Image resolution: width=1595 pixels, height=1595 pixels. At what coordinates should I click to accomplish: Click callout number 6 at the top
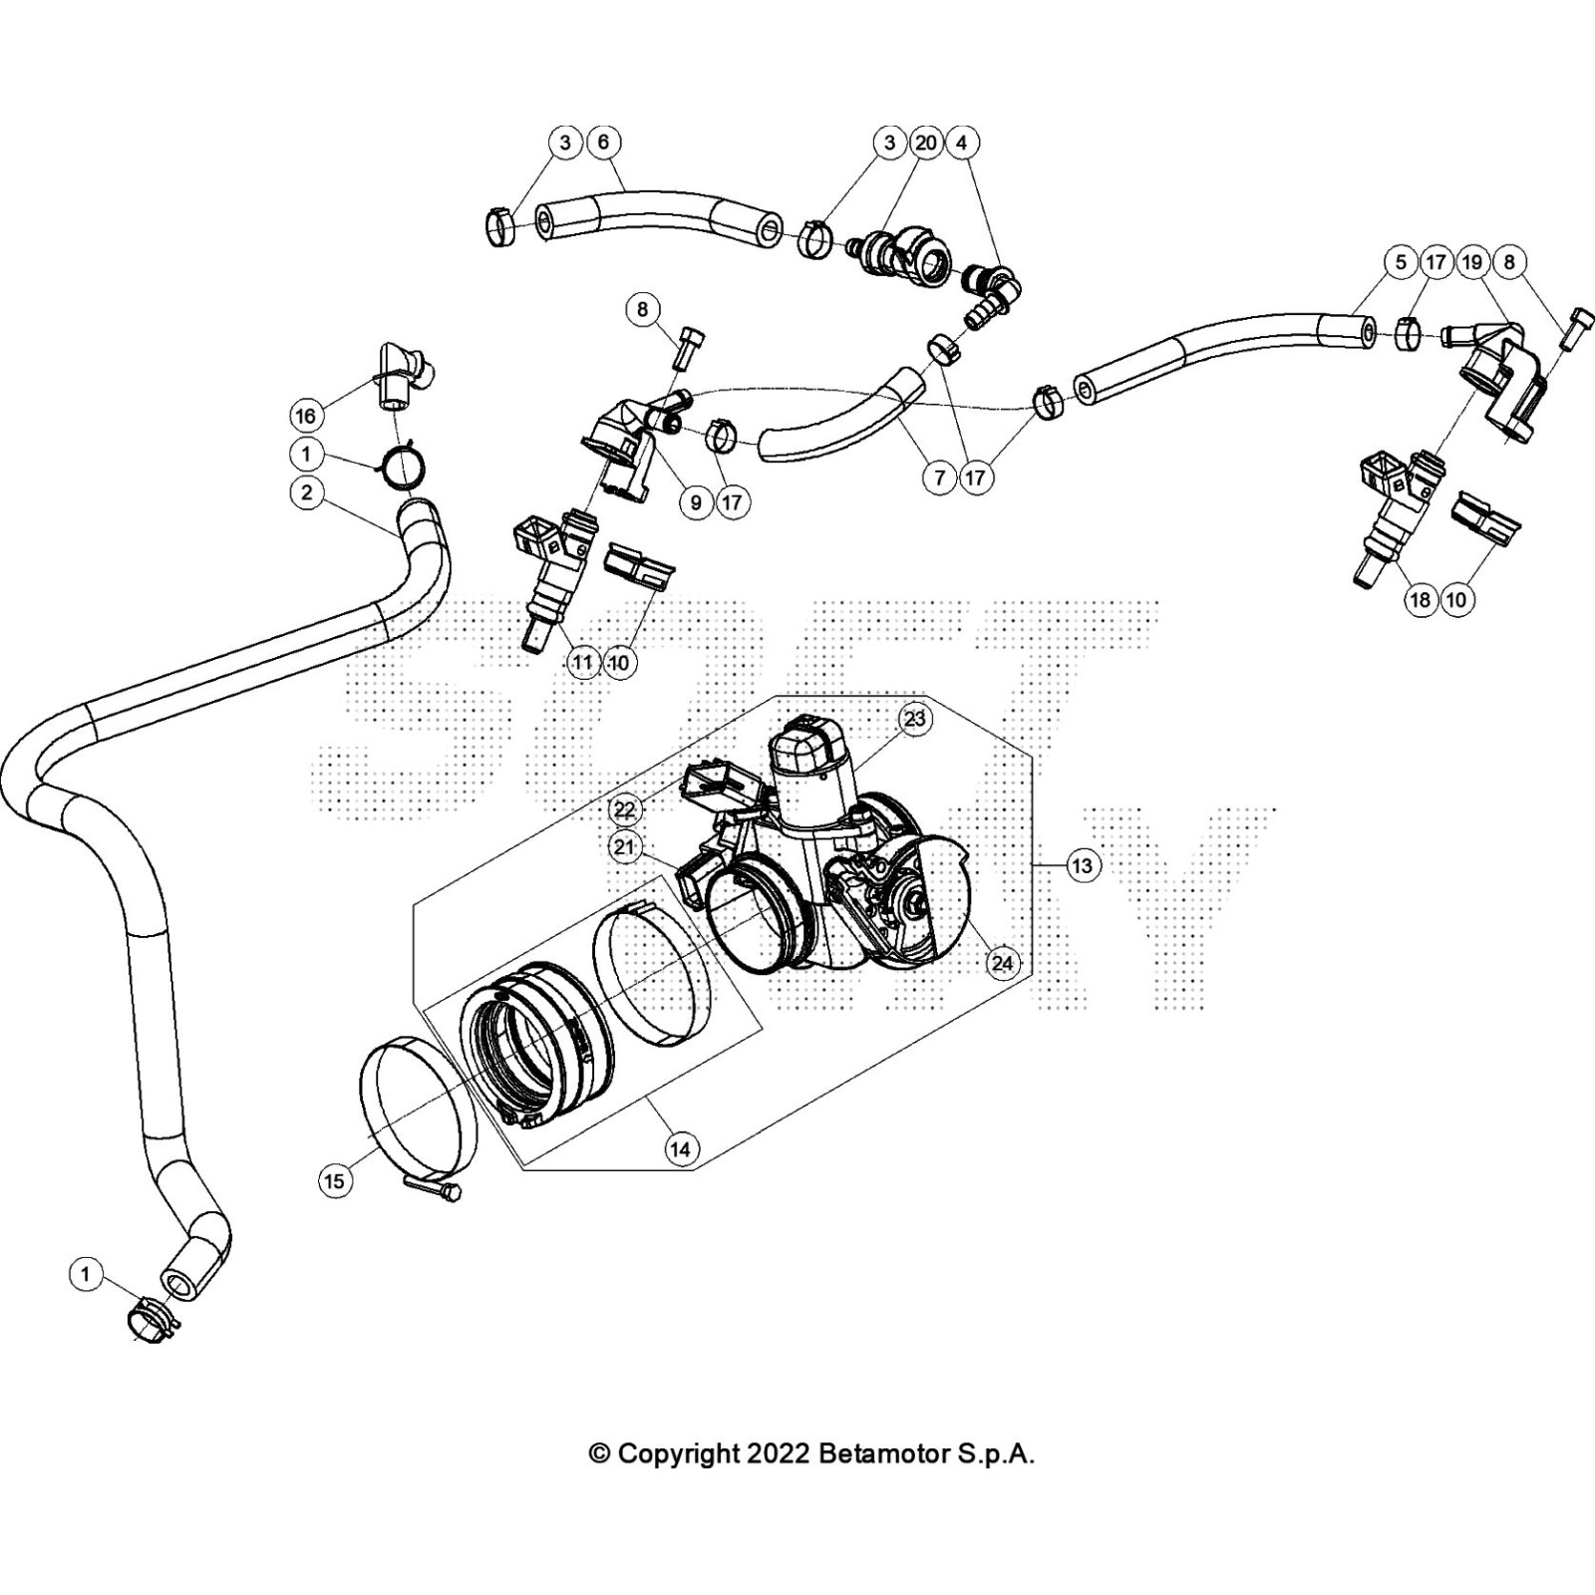coord(603,143)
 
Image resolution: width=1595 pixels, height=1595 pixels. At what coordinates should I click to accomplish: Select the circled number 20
coord(926,143)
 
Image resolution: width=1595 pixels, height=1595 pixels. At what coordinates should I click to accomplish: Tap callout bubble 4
coord(962,143)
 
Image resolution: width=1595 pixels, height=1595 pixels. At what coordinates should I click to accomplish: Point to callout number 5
coord(1401,262)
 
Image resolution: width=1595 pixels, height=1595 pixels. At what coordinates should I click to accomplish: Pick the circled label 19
coord(1472,262)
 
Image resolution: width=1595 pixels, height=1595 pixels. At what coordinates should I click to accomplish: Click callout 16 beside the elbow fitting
coord(306,415)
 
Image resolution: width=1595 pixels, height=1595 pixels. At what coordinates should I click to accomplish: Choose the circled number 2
coord(306,492)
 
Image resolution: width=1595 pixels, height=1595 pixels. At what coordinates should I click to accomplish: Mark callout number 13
coord(1083,865)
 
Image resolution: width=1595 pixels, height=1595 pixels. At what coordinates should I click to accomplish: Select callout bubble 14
coord(680,1149)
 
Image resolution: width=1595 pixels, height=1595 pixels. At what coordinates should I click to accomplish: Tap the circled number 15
coord(334,1181)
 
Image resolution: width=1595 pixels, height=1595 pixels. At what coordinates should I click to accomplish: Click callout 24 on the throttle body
coord(1002,962)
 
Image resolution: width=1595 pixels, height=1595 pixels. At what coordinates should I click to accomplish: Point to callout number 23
coord(914,718)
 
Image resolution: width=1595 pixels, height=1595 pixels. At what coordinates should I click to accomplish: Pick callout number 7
coord(939,478)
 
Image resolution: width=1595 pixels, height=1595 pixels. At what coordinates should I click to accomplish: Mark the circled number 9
coord(696,502)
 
